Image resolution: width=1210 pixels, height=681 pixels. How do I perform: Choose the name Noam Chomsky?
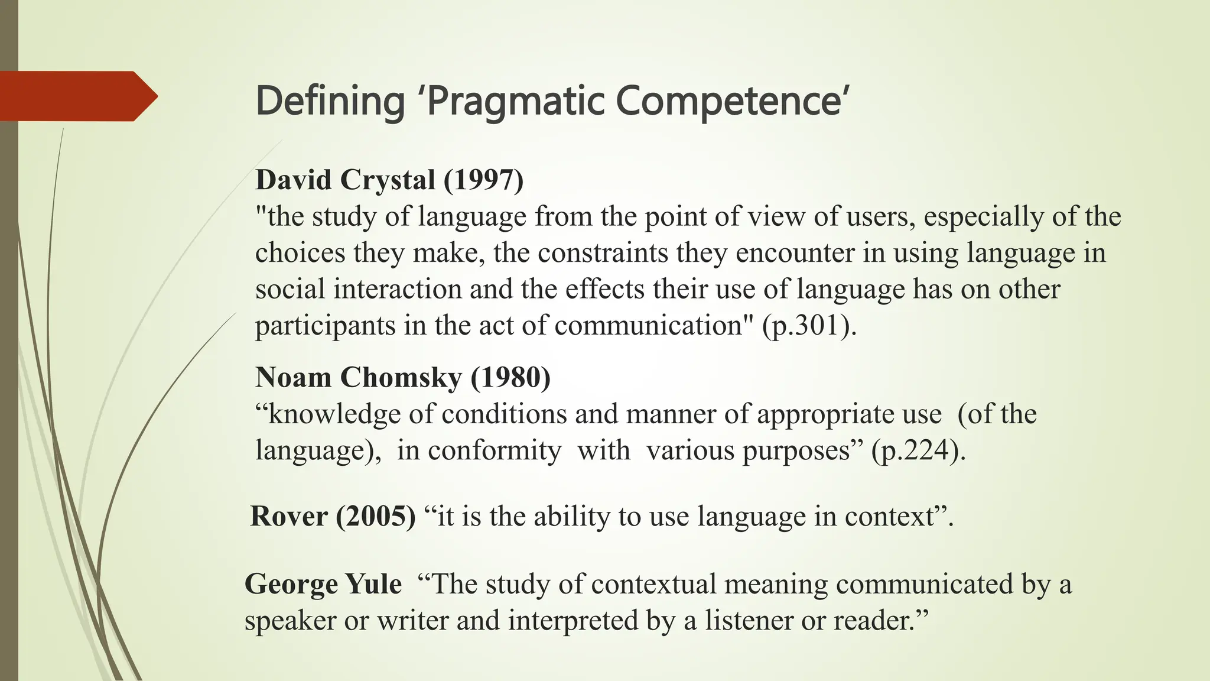point(358,377)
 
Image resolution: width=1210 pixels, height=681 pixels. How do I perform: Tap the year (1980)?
point(510,377)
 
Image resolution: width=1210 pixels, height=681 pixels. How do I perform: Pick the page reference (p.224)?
point(918,451)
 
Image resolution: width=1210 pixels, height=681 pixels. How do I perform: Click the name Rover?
point(288,516)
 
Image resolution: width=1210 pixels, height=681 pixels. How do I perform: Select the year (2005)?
point(376,516)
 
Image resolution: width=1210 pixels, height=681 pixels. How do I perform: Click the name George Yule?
point(323,584)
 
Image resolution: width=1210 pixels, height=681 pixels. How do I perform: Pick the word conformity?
point(494,451)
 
